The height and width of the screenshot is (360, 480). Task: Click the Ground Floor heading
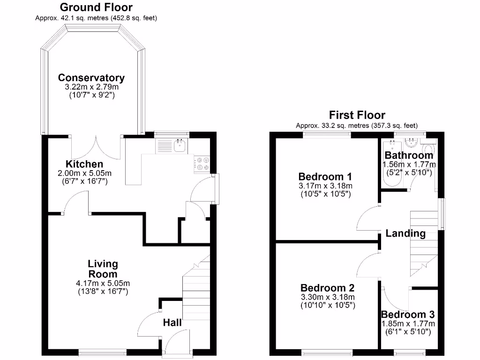click(96, 7)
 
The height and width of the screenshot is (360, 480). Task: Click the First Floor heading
click(357, 115)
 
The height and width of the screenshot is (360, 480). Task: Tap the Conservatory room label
click(91, 78)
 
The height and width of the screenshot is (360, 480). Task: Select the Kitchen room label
click(84, 164)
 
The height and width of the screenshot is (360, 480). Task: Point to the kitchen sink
click(180, 146)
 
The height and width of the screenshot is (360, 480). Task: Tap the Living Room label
click(103, 269)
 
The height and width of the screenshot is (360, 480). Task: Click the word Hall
click(172, 322)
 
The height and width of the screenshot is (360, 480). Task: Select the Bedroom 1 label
click(325, 177)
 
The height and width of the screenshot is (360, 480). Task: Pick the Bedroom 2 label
click(327, 288)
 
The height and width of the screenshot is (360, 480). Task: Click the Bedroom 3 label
click(407, 315)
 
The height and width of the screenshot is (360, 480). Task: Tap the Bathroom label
click(409, 155)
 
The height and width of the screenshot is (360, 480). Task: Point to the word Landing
click(405, 233)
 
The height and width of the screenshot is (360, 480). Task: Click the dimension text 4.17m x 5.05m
click(103, 283)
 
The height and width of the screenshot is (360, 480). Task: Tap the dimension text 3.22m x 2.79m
click(91, 87)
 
